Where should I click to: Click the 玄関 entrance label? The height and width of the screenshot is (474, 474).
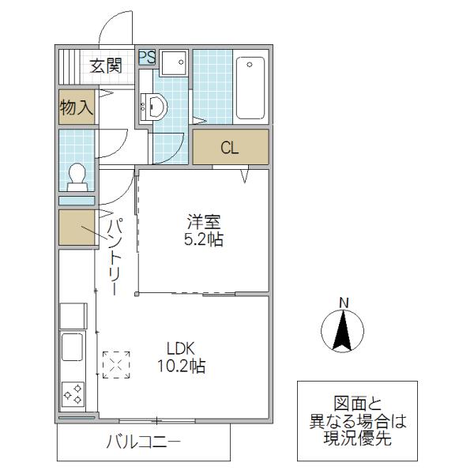tap(106, 66)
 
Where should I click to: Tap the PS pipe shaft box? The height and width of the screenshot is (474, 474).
tap(147, 57)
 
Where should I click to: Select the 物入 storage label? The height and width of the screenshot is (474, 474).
tap(77, 107)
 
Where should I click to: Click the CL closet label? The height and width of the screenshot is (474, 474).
tap(229, 148)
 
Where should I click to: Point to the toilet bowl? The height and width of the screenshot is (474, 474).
tap(77, 177)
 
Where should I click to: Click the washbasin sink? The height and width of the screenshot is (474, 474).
tap(155, 107)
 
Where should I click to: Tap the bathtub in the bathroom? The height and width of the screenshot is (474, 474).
tap(250, 88)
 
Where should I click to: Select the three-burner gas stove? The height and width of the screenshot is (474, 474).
tap(73, 394)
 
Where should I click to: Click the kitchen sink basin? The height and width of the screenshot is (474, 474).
tap(72, 347)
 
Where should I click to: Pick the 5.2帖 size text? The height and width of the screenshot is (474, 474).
tap(204, 239)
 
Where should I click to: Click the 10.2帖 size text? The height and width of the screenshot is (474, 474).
tap(182, 366)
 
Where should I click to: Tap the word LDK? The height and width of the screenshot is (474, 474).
tap(181, 348)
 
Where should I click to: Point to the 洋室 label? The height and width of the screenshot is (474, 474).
tap(204, 221)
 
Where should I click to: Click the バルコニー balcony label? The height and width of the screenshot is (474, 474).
tap(143, 442)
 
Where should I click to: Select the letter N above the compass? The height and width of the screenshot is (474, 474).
tap(344, 303)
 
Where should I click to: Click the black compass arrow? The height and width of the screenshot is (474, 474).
tap(343, 330)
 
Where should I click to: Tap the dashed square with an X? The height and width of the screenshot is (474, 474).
tap(116, 365)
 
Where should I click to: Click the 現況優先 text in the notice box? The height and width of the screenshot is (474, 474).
tap(357, 438)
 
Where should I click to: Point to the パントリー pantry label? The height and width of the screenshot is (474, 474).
tap(115, 256)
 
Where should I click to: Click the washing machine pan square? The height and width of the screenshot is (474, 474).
tap(174, 63)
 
